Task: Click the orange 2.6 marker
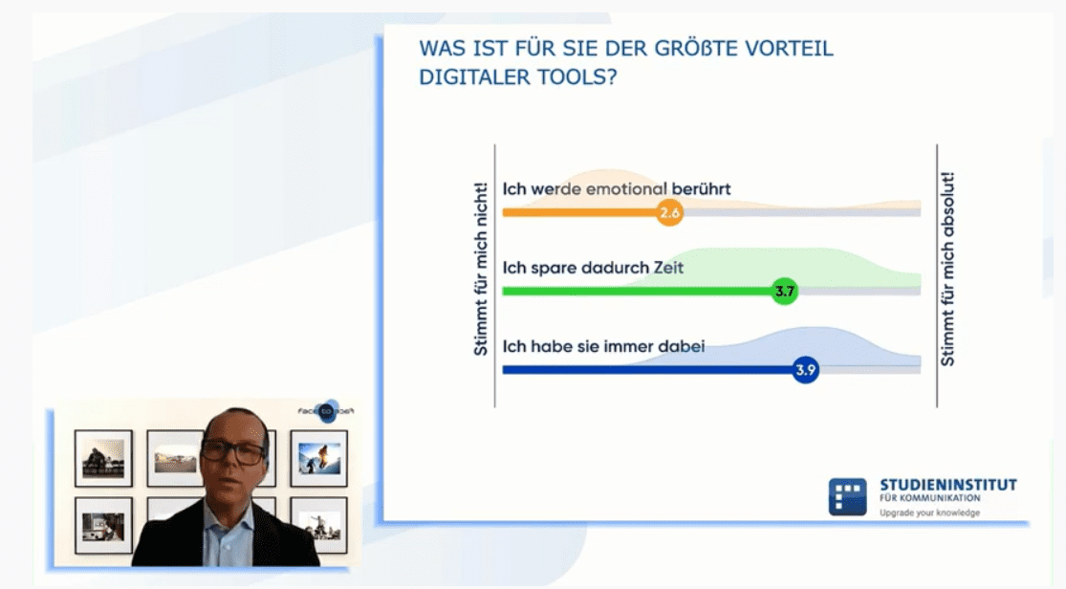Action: click(669, 212)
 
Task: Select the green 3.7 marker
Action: click(785, 291)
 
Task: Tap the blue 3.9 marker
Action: click(805, 370)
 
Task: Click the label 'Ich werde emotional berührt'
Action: click(617, 188)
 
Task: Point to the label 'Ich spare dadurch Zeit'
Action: click(593, 268)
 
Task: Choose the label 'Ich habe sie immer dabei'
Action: click(603, 346)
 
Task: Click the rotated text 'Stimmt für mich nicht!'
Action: click(481, 269)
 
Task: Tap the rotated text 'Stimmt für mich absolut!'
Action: click(947, 269)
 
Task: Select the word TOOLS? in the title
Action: click(577, 76)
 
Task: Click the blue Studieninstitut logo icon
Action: click(847, 496)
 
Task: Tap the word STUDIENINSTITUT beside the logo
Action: click(948, 485)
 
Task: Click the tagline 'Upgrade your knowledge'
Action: click(929, 513)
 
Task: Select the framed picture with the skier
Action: click(319, 458)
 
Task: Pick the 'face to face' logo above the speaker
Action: click(326, 411)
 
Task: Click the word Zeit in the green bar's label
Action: click(668, 268)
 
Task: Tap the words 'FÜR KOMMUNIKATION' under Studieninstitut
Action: click(930, 498)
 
